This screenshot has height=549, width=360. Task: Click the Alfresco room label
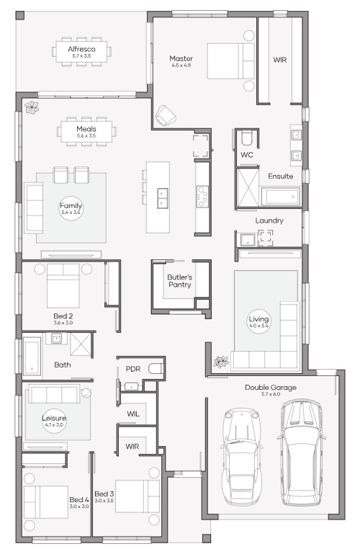(x=81, y=49)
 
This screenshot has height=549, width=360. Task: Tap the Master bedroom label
(x=181, y=58)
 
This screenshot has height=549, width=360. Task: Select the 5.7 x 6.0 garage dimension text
(x=271, y=394)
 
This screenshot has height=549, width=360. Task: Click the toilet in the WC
(x=247, y=138)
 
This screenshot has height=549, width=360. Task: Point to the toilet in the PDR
(x=156, y=368)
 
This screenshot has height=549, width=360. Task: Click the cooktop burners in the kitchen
(x=202, y=197)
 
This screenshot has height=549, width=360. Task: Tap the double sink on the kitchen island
(x=162, y=198)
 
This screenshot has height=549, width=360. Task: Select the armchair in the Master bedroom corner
(x=165, y=115)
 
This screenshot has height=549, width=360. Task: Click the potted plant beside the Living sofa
(x=221, y=362)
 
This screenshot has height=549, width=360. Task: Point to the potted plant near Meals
(x=32, y=107)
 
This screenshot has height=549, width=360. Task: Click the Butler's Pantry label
(x=179, y=281)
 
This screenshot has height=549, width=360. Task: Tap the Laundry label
(x=269, y=220)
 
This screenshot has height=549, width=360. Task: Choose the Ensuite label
(x=281, y=176)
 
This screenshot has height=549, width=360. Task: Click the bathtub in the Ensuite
(x=281, y=197)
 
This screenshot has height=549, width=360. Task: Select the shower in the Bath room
(x=81, y=344)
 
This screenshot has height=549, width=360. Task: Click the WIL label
(x=133, y=414)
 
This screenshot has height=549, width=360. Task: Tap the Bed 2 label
(x=63, y=316)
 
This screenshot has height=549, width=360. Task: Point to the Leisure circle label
(x=54, y=421)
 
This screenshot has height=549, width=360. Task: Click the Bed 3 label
(x=104, y=494)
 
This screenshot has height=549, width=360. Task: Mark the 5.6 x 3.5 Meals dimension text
(x=86, y=135)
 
